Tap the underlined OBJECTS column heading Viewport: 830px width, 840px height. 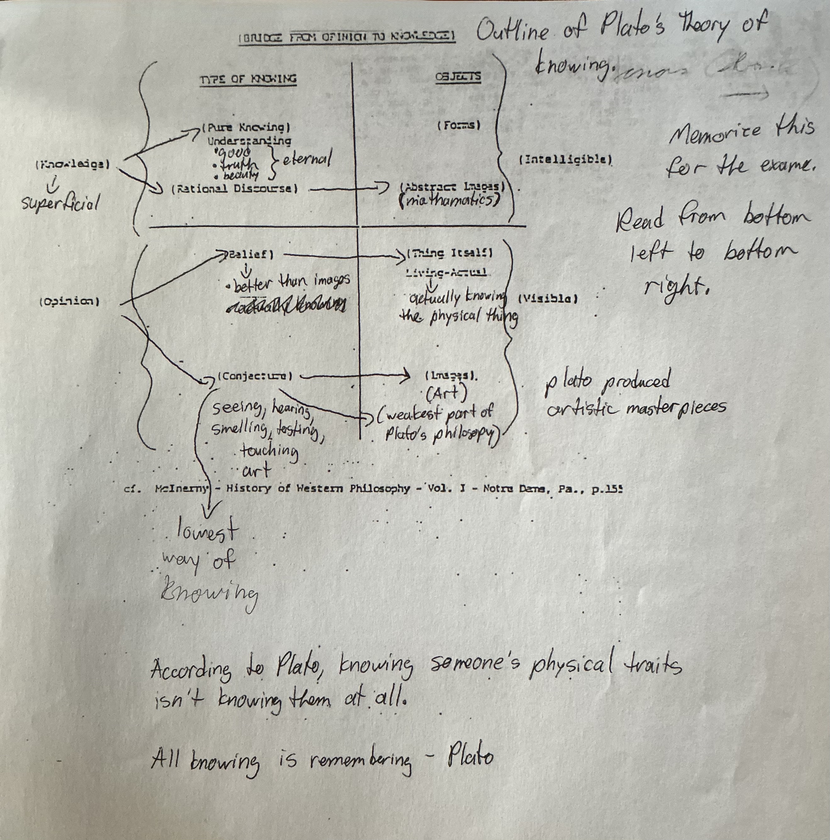coord(458,77)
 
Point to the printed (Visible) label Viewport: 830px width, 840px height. coord(548,299)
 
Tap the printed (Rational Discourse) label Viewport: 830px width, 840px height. coord(234,189)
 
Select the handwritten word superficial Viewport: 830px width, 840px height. coord(60,203)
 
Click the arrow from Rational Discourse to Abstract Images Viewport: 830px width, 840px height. coord(347,189)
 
